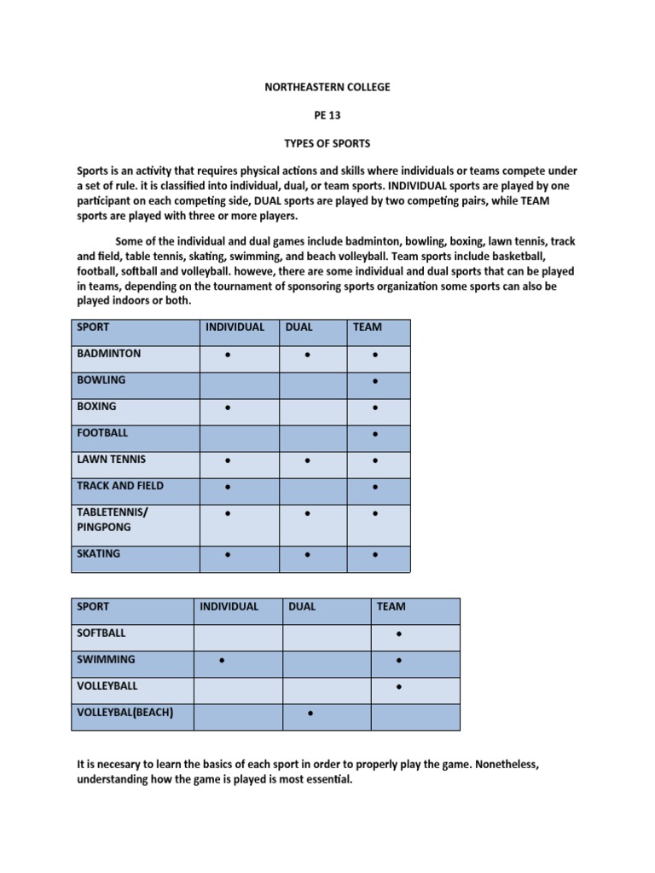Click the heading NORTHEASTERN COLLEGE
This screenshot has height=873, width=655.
pos(327,87)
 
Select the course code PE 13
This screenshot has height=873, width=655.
pos(327,116)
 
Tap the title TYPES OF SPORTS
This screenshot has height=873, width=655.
pos(327,144)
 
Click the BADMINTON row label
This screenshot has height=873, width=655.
pos(109,354)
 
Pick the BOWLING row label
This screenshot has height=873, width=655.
pos(101,380)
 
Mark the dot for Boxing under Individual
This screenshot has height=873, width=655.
pos(228,409)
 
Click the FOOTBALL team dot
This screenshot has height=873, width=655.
pos(375,436)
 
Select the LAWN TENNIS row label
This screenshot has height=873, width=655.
pos(112,460)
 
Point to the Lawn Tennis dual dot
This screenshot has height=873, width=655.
pos(307,461)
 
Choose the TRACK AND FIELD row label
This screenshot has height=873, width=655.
pos(120,486)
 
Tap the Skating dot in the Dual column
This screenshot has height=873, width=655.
pos(307,556)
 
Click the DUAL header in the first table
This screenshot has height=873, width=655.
pos(299,327)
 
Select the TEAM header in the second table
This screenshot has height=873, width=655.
pos(391,607)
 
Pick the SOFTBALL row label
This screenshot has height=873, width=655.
pos(101,633)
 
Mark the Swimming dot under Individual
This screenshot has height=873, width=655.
pos(222,661)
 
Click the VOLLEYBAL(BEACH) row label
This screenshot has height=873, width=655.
pos(125,713)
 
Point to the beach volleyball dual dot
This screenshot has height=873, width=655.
pos(310,714)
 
